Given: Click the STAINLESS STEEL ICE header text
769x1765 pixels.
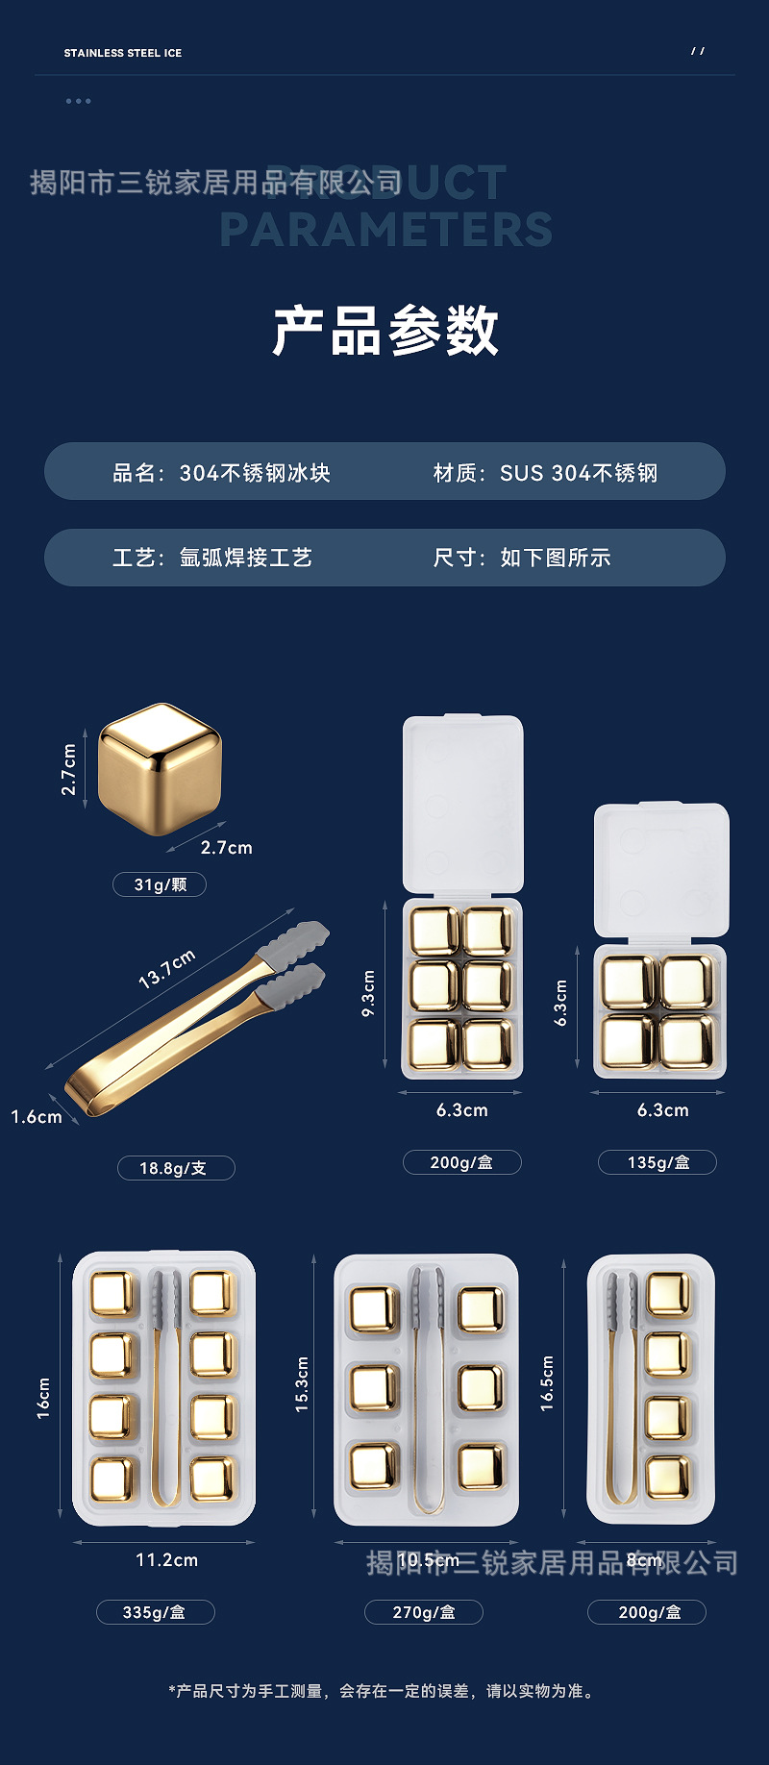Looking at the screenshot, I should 122,53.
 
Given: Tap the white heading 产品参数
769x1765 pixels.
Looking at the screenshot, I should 385,331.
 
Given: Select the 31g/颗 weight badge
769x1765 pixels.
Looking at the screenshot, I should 160,884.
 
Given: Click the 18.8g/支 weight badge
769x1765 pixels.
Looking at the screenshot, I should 175,1168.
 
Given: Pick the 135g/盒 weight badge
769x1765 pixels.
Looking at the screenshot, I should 657,1162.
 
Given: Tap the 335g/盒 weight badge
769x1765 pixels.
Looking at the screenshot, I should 155,1612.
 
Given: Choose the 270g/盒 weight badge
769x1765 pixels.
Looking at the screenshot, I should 423,1612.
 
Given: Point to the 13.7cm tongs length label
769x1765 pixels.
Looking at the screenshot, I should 167,968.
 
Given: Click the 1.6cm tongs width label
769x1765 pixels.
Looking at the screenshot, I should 37,1117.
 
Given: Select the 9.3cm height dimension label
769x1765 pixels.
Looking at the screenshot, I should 368,993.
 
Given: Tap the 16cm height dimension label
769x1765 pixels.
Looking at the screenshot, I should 44,1398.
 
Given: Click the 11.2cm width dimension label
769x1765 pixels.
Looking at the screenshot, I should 166,1560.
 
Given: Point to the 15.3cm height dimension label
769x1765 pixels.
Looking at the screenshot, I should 302,1384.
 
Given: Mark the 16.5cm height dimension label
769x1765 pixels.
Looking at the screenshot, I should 547,1383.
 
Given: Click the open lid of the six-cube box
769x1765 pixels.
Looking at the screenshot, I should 462,804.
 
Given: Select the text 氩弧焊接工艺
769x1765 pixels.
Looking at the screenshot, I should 245,558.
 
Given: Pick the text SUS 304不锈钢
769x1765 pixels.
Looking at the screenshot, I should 578,473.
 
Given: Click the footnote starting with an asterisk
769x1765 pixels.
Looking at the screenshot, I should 384,1691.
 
